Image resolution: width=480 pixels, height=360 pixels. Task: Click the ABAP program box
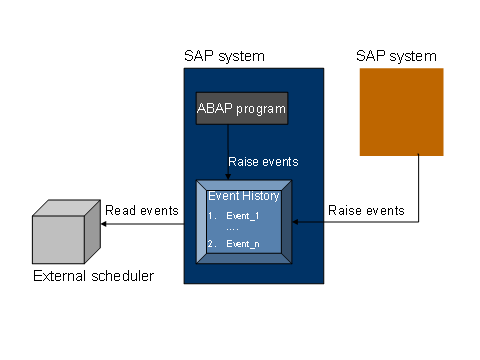pos(241,107)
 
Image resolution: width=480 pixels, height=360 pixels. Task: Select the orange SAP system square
pos(400,112)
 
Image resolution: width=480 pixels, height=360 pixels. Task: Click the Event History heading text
pos(244,196)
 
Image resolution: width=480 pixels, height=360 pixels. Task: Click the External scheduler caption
pos(93,275)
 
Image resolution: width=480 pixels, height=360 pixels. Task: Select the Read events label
pos(142,210)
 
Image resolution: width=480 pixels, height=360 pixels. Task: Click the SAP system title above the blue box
pos(224,56)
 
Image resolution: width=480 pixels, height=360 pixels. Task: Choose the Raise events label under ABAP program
pos(262,160)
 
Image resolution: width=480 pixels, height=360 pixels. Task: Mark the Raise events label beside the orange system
pos(366,210)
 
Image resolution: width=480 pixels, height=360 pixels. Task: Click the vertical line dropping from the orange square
pos(417,190)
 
